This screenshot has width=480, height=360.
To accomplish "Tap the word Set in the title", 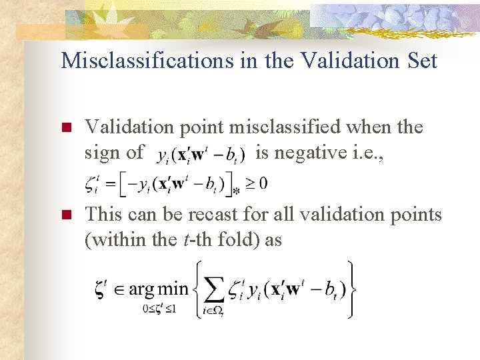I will pyautogui.click(x=421, y=61).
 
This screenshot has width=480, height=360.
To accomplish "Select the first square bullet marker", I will pyautogui.click(x=65, y=128).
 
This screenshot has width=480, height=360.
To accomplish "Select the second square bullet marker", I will pyautogui.click(x=65, y=215).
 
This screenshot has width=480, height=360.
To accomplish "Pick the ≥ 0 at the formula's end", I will pyautogui.click(x=259, y=183).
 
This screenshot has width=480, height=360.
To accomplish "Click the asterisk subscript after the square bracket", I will pyautogui.click(x=235, y=192).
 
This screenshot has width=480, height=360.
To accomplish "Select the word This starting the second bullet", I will pyautogui.click(x=104, y=214).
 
